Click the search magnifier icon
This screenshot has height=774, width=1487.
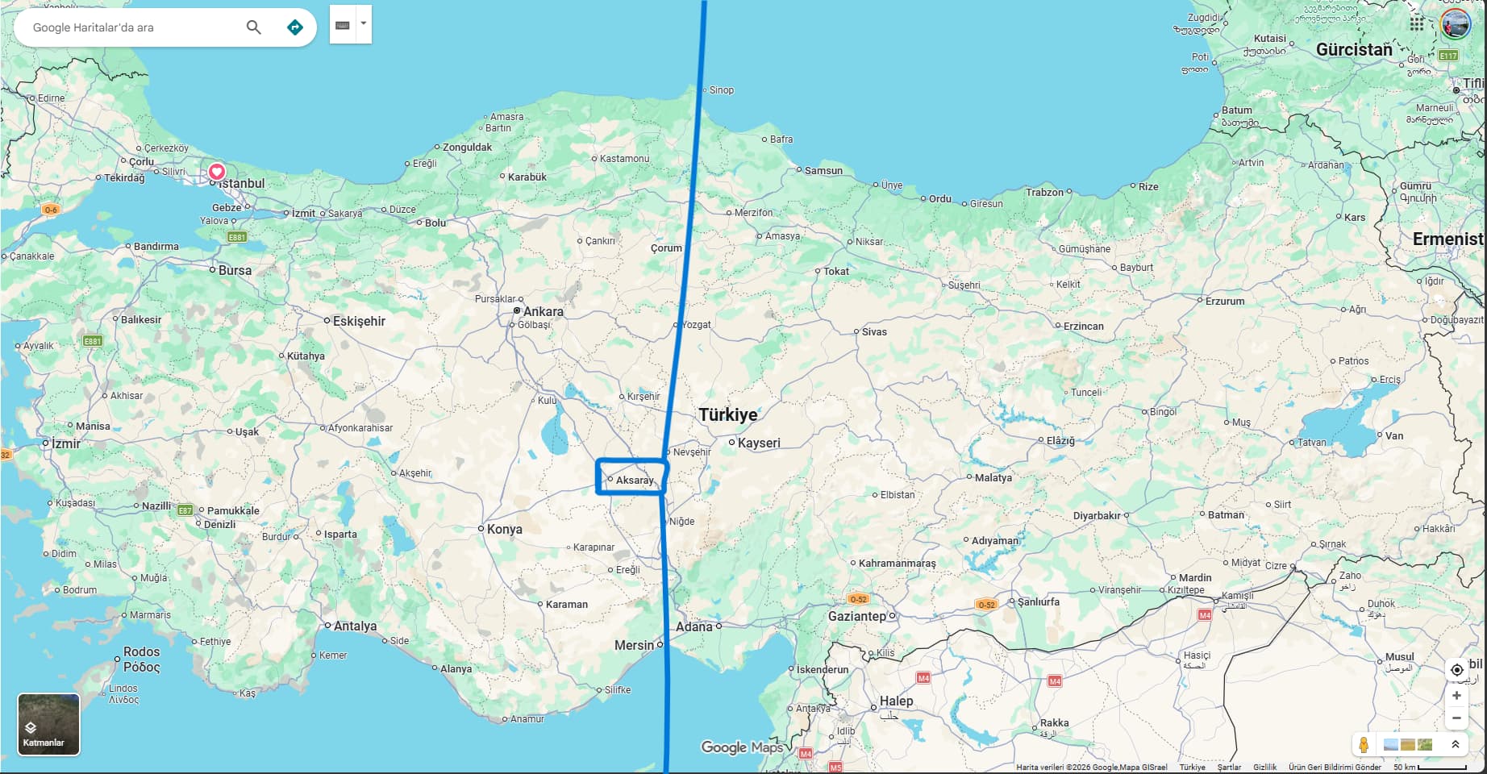click(x=253, y=27)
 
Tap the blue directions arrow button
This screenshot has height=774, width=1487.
click(x=295, y=27)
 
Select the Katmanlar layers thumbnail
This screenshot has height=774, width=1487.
click(x=48, y=724)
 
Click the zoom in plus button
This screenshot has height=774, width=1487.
click(x=1456, y=695)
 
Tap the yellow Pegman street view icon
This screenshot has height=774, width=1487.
click(x=1364, y=744)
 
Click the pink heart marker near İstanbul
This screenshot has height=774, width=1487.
click(x=217, y=171)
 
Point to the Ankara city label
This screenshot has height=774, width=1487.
click(x=543, y=311)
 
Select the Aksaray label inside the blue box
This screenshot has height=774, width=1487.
click(x=635, y=481)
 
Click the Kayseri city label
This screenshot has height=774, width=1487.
click(x=758, y=443)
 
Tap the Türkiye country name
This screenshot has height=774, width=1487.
click(x=727, y=414)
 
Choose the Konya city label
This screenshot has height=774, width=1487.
click(x=504, y=529)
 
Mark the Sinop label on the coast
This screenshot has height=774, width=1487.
click(x=721, y=90)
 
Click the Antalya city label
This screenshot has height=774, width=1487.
click(x=355, y=626)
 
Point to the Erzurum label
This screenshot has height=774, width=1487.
click(x=1224, y=301)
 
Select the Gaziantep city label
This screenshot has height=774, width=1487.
click(x=856, y=616)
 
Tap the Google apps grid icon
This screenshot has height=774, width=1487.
click(x=1417, y=24)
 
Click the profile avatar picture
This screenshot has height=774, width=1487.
click(x=1456, y=24)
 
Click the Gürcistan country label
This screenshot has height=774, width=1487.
click(x=1354, y=49)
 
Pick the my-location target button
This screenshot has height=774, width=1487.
click(x=1456, y=669)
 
